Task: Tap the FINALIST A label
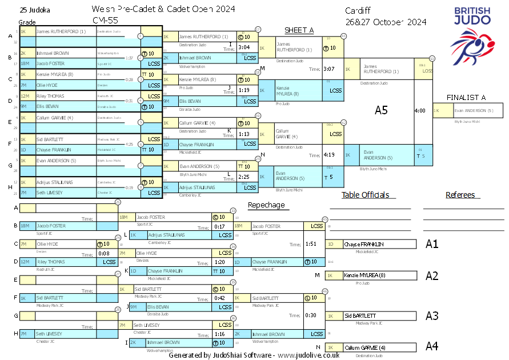[466, 98]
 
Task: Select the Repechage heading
[266, 205]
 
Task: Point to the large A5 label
[382, 110]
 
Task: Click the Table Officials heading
[366, 195]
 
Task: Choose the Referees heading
[460, 195]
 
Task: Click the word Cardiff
[358, 11]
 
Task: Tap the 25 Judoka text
[34, 10]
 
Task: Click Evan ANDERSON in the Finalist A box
[474, 111]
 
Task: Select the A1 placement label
[432, 244]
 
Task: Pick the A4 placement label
[432, 346]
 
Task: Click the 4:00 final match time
[420, 110]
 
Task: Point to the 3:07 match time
[328, 69]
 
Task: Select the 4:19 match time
[328, 154]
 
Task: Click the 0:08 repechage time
[104, 253]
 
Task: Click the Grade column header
[27, 21]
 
